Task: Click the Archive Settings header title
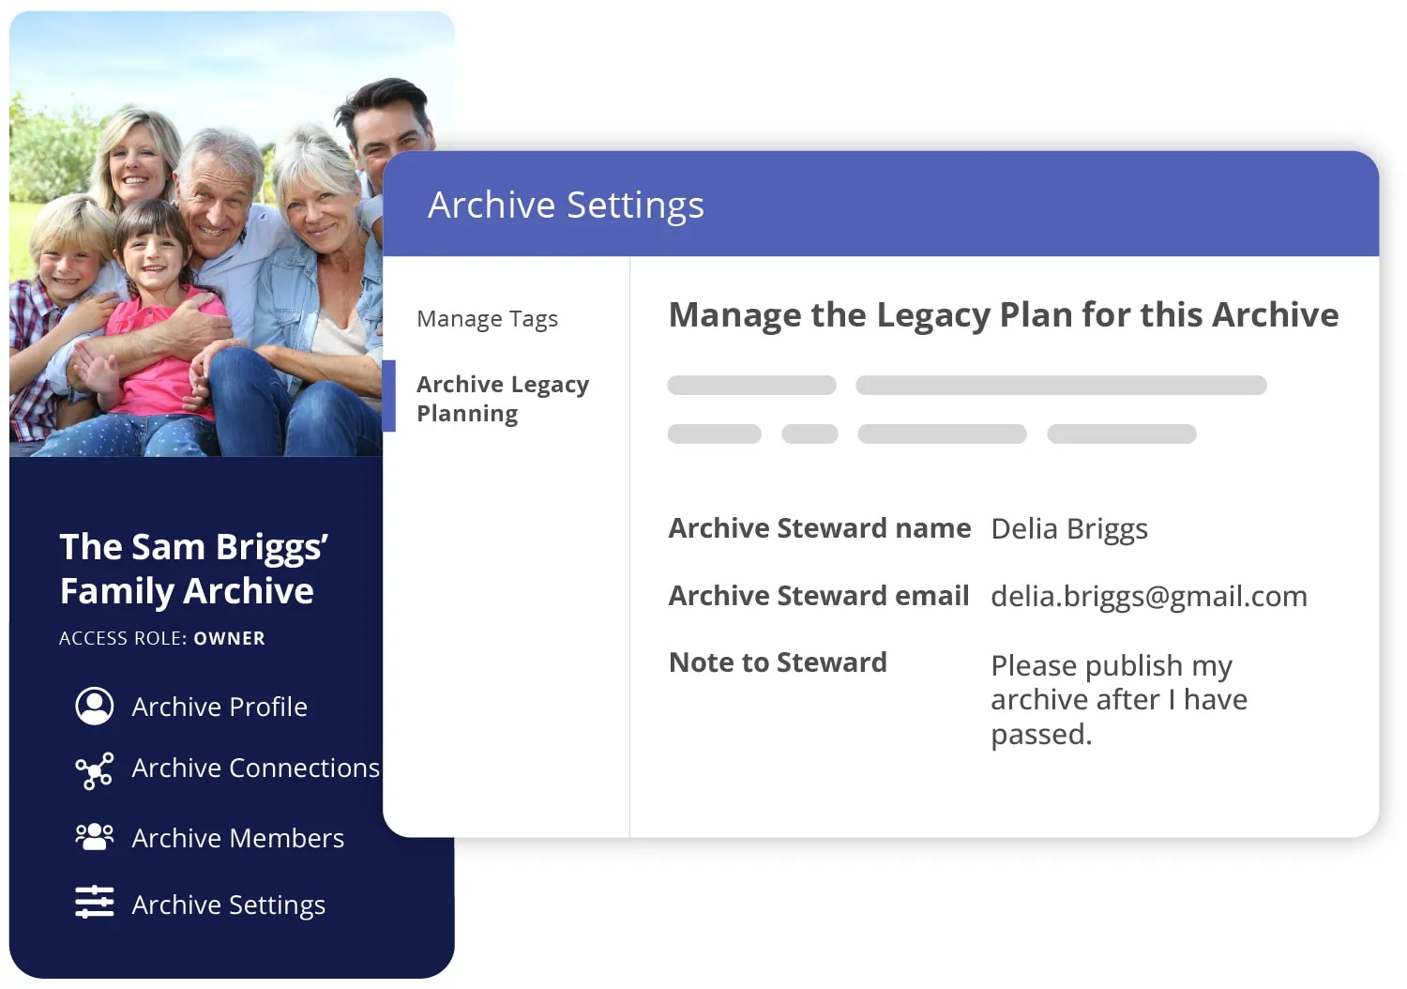coord(566,205)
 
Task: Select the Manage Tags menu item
coord(487,319)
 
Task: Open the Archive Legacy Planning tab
coord(503,399)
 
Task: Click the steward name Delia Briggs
coord(1068,529)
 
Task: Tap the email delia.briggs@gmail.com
coord(1148,597)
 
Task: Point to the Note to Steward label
coord(778,662)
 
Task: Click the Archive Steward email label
coord(819,596)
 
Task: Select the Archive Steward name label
coord(819,528)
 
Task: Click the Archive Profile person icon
coord(95,707)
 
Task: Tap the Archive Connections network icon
coord(95,770)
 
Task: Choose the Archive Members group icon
coord(95,837)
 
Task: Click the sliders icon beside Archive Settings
coord(95,903)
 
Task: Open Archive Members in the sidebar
coord(237,838)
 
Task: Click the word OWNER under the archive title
coord(229,639)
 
